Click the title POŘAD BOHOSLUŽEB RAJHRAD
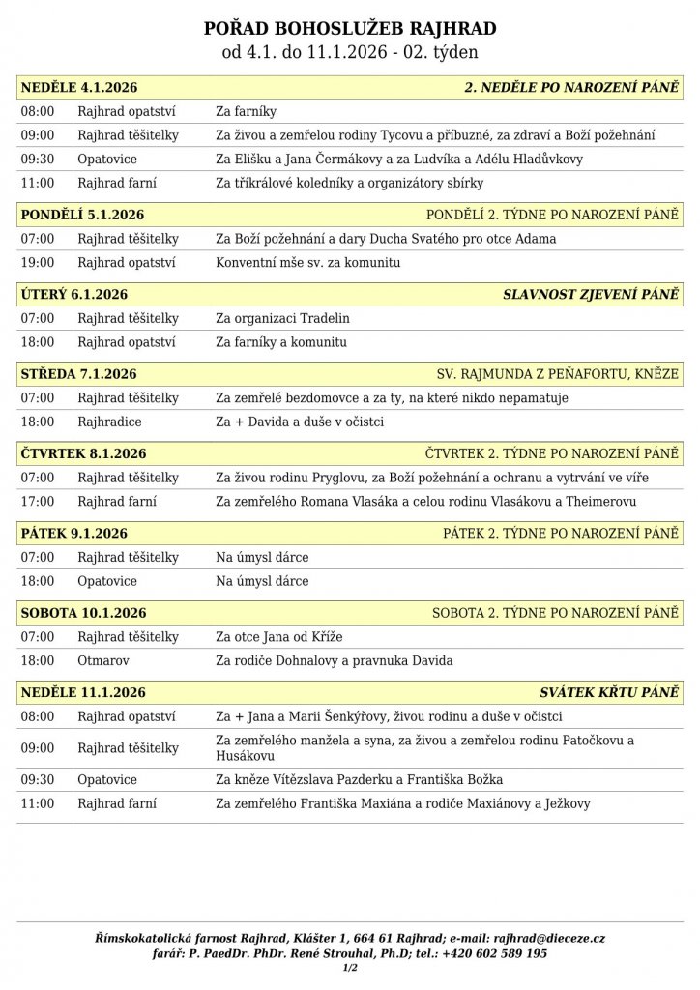pos(350,29)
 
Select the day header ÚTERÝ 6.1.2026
pos(74,295)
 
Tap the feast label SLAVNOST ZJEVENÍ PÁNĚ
pos(591,295)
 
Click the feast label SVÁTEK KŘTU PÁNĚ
pos(609,692)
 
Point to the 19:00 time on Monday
pos(38,263)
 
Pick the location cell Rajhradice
pos(110,422)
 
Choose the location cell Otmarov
pos(103,660)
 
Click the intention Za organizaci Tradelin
pos(282,318)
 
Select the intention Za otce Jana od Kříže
pos(279,637)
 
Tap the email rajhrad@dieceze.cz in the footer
pos(549,938)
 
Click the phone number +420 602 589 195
pos(494,953)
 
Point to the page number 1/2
pos(350,968)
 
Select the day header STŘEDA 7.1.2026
pos(78,374)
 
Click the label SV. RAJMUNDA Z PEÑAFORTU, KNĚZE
pos(558,374)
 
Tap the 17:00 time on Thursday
pos(38,501)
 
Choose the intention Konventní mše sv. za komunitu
pos(307,263)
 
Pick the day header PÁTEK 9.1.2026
pos(74,533)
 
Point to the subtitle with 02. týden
pos(350,53)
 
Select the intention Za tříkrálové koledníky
pos(349,183)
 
